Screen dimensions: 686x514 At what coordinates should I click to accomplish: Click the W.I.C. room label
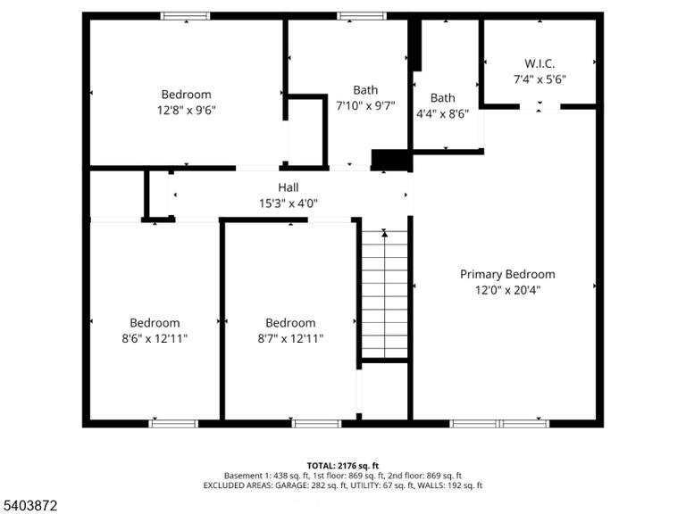[x=540, y=64]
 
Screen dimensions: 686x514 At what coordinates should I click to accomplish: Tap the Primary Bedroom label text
[x=507, y=275]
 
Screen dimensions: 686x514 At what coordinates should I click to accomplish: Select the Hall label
[x=289, y=187]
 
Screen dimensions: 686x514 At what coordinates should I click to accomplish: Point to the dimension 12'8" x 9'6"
[x=187, y=110]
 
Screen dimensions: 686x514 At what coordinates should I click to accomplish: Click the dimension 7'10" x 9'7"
[x=365, y=105]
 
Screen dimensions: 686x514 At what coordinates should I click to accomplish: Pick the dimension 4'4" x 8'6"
[x=442, y=114]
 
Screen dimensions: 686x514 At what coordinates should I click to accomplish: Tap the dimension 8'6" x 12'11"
[x=155, y=338]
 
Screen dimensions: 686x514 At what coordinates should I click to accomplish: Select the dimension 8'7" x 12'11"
[x=290, y=338]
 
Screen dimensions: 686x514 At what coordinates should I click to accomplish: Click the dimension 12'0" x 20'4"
[x=507, y=290]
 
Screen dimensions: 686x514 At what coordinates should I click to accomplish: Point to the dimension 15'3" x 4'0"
[x=289, y=203]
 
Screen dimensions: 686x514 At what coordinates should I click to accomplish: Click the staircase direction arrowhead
[x=385, y=234]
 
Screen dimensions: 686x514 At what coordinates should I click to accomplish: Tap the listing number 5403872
[x=29, y=506]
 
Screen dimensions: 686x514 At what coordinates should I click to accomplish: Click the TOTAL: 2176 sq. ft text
[x=343, y=466]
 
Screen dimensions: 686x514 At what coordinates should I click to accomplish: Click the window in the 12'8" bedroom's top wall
[x=186, y=16]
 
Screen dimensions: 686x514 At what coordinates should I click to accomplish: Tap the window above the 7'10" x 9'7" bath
[x=362, y=16]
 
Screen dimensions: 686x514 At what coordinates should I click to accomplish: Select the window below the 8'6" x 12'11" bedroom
[x=173, y=424]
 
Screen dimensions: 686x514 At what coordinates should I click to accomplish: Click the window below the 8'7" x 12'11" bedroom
[x=316, y=424]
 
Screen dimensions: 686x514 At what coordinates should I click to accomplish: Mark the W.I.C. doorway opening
[x=540, y=107]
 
